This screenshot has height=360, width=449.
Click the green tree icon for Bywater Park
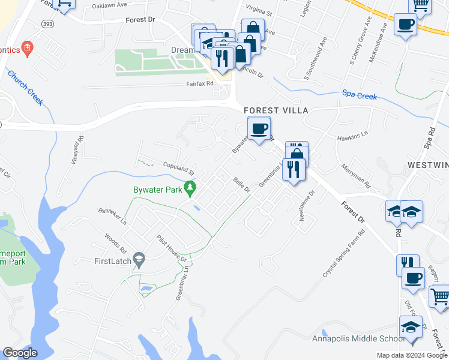pyautogui.click(x=190, y=188)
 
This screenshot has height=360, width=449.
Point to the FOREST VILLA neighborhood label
pyautogui.click(x=276, y=110)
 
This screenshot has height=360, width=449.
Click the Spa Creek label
pyautogui.click(x=360, y=94)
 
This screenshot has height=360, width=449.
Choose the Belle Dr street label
pyautogui.click(x=241, y=185)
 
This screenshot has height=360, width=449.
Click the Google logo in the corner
pyautogui.click(x=19, y=353)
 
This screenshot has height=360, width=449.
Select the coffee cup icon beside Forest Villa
pyautogui.click(x=259, y=128)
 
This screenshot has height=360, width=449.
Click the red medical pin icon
pyautogui.click(x=26, y=48)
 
